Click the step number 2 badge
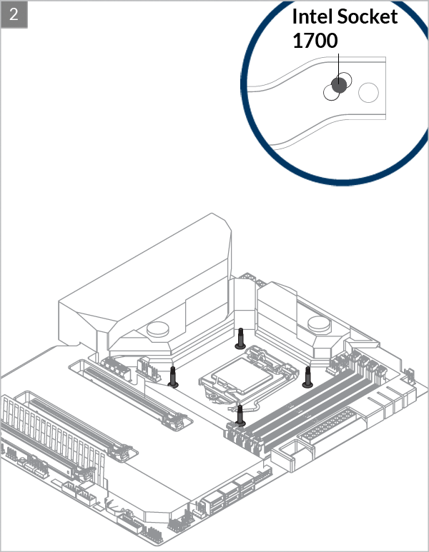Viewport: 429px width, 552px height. click(14, 14)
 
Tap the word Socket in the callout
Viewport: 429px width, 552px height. click(368, 16)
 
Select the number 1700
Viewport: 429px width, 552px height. click(315, 41)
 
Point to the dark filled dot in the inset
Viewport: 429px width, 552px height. click(339, 85)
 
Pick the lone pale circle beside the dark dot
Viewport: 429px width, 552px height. click(368, 93)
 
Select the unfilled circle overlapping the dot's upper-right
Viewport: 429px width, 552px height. click(344, 80)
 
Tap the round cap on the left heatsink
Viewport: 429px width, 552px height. click(157, 329)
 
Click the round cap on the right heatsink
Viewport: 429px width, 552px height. click(320, 324)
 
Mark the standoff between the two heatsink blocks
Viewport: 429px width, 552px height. click(240, 338)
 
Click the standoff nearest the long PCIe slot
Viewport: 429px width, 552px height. click(173, 377)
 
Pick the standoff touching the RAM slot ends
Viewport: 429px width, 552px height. click(240, 416)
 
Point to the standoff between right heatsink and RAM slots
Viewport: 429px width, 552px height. click(307, 377)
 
